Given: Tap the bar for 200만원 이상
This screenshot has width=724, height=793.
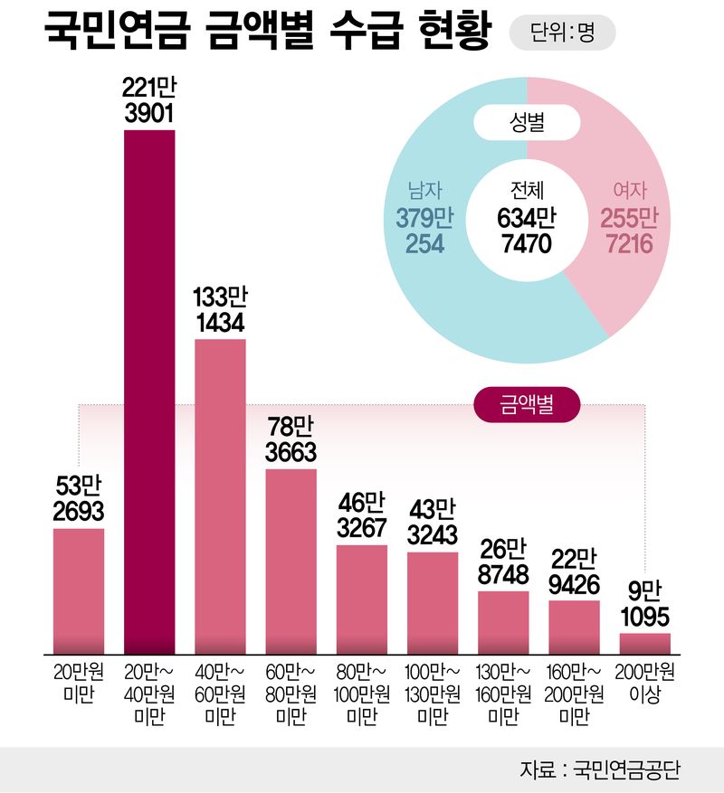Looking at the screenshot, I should (x=645, y=642).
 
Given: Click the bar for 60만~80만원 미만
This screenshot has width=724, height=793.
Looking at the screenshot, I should (x=291, y=561).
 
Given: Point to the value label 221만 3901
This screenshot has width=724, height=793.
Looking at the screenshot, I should (x=149, y=100).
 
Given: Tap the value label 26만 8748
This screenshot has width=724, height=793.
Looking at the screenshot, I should (x=503, y=562).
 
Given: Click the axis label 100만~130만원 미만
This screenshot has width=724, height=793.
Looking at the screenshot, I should (x=433, y=694).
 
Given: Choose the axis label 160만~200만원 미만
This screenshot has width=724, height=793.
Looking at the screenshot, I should (x=574, y=694).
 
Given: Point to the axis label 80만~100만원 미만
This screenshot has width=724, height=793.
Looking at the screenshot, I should (x=362, y=694).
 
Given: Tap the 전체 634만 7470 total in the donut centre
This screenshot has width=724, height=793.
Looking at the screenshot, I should (x=525, y=218).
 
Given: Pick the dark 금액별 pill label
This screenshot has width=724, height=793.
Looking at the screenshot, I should (x=527, y=406).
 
